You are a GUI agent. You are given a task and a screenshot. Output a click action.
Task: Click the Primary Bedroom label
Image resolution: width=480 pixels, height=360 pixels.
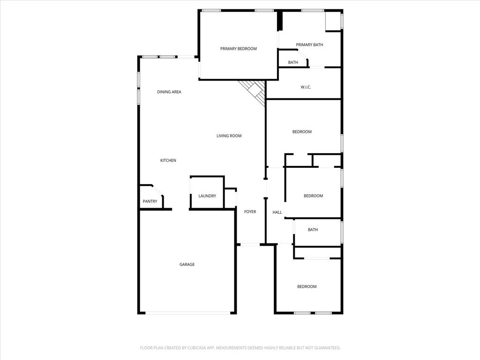[x=239, y=49]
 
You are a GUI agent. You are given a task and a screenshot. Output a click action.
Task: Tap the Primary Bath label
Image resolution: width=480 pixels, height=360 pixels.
[x=309, y=45]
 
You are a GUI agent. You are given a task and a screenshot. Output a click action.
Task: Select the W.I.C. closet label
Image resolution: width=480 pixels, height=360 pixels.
[x=306, y=87]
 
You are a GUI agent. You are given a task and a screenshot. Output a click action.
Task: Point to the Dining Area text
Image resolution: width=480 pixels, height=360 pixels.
[x=169, y=92]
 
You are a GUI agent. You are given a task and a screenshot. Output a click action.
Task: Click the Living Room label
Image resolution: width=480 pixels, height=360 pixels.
[x=229, y=136]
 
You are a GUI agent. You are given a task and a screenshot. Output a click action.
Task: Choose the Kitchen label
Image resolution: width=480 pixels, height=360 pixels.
[x=168, y=161]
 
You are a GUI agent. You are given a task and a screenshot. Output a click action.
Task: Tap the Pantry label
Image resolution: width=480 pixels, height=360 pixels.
[x=150, y=202]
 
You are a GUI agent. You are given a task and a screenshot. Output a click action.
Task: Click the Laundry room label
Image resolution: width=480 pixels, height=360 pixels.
[x=207, y=196]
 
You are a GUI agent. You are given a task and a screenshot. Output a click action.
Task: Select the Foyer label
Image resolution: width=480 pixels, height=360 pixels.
[x=250, y=212]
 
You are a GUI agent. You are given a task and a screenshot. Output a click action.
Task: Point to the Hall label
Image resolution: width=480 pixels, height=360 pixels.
[x=277, y=212]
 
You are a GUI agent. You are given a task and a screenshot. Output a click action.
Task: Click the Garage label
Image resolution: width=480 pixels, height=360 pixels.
[x=187, y=264]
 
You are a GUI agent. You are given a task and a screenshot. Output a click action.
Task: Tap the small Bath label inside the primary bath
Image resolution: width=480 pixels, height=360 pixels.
[x=293, y=62]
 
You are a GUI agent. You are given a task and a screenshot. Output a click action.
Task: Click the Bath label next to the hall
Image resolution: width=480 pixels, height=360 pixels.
[x=313, y=230]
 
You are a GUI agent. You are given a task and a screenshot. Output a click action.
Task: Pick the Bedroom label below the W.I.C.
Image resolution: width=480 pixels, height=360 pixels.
[x=302, y=132]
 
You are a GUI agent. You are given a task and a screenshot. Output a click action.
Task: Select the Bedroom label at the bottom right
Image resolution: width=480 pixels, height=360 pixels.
[x=307, y=286]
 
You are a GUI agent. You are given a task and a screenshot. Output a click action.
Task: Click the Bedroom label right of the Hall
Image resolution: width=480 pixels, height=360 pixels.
[x=313, y=196]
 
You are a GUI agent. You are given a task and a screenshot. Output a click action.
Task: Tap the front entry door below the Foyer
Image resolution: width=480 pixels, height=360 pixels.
[x=250, y=244]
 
